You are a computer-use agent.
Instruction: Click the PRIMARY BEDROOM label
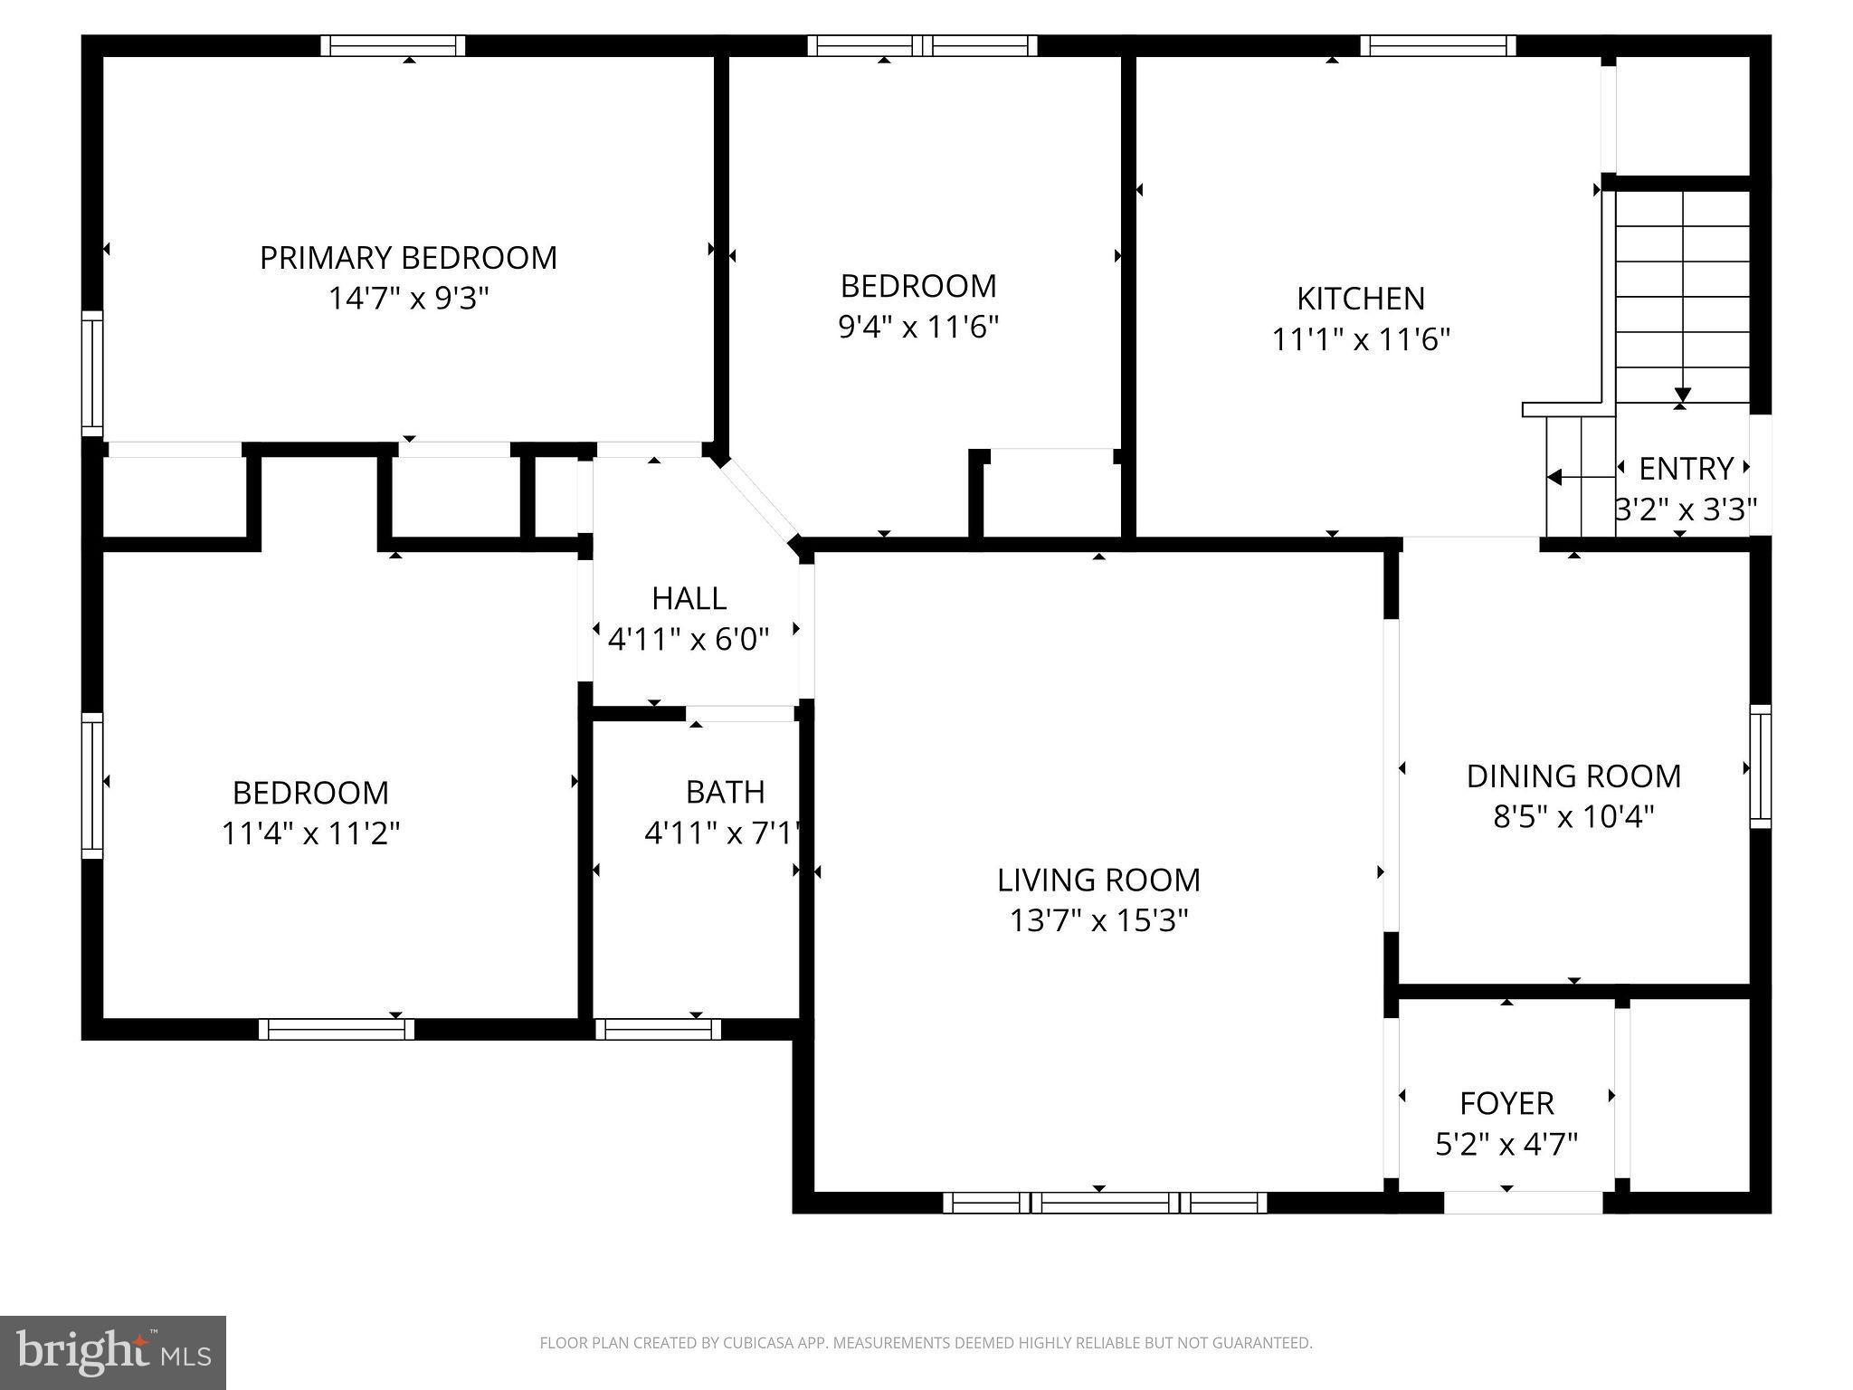(x=408, y=258)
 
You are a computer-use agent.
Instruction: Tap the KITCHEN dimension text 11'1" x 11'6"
(x=1361, y=340)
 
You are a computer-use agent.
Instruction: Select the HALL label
(x=689, y=598)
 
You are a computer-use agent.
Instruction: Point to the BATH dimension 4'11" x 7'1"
(x=723, y=833)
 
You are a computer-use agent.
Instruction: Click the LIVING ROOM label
(x=1098, y=880)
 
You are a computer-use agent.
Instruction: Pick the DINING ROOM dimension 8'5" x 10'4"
(x=1573, y=817)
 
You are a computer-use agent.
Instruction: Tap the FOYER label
(x=1506, y=1103)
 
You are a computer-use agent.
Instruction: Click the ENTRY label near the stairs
(x=1686, y=469)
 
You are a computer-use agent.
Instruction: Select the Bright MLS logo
(x=112, y=1352)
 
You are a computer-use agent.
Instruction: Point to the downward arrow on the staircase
(x=1682, y=395)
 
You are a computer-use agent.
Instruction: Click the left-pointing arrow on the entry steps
(x=1554, y=477)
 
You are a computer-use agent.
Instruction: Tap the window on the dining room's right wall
(x=1760, y=766)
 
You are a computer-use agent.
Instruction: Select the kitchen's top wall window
(x=1438, y=45)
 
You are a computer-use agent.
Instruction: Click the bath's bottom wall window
(x=658, y=1029)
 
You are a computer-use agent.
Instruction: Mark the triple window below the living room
(x=1104, y=1203)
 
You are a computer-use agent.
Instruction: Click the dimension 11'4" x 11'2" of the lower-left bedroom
(x=310, y=833)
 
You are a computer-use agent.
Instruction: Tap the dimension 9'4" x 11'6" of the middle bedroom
(x=917, y=327)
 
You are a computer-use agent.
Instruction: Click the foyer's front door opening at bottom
(x=1523, y=1203)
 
